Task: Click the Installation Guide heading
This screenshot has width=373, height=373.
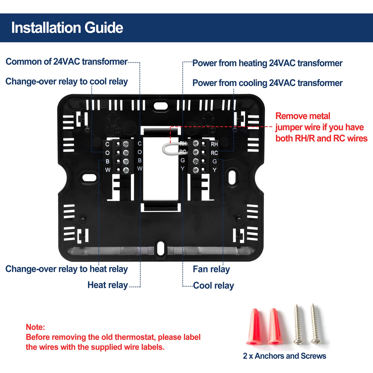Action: (67, 28)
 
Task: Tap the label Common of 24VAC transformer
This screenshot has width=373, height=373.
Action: (66, 62)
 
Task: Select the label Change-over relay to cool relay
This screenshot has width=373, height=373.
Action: (67, 82)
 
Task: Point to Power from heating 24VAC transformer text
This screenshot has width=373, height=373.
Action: (267, 63)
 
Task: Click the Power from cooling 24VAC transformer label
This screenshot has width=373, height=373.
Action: (267, 83)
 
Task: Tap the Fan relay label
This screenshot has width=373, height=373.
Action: (211, 269)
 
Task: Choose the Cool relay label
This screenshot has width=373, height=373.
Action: (213, 285)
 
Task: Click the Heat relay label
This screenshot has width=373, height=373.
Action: (108, 285)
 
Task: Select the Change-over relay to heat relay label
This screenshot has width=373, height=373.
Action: (67, 269)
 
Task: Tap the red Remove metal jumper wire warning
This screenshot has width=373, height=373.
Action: (321, 127)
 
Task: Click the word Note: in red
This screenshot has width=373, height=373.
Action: (35, 327)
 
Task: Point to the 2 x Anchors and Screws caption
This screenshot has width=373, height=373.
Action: (284, 356)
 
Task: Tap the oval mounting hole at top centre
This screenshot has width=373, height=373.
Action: (161, 105)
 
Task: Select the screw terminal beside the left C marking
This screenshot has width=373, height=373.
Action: (126, 144)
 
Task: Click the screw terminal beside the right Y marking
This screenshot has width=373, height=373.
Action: (196, 170)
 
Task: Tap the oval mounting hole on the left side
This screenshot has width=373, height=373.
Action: (89, 178)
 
